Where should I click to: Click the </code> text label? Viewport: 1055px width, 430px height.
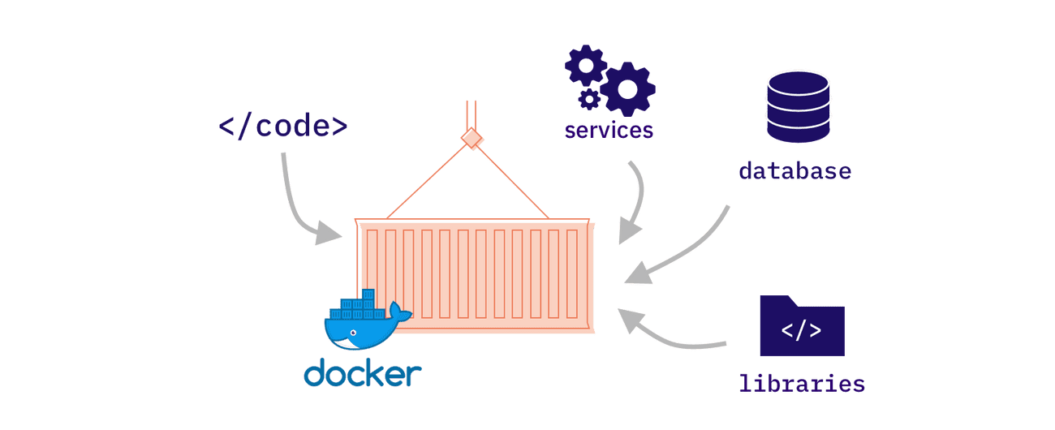point(283,127)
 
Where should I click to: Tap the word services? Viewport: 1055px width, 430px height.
point(609,130)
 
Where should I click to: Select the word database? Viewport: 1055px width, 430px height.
point(794,171)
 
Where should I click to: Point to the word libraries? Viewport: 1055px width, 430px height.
point(801,383)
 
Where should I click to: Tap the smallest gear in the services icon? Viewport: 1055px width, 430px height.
point(590,99)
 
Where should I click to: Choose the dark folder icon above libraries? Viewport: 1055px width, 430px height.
point(802,326)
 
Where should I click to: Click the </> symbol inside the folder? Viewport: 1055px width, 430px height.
point(801,331)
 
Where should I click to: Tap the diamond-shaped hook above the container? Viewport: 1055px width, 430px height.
point(472,139)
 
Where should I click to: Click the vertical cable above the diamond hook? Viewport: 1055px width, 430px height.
point(472,114)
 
